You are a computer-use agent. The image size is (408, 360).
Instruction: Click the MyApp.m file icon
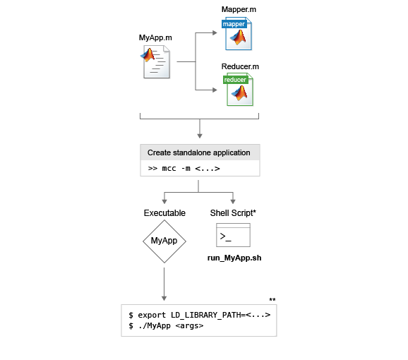[x=155, y=62]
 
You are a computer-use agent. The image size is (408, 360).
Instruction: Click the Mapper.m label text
[x=239, y=9]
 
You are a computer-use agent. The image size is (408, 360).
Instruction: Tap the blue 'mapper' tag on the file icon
[x=234, y=24]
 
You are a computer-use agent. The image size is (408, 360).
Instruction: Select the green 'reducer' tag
[x=235, y=80]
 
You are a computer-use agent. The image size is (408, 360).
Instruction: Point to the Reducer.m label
[x=240, y=66]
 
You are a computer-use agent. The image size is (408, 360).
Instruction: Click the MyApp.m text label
[x=155, y=37]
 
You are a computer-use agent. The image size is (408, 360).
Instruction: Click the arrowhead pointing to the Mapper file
[x=215, y=32]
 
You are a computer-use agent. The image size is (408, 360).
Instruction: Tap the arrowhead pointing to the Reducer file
[x=215, y=90]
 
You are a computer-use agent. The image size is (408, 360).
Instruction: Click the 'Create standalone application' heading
[x=199, y=152]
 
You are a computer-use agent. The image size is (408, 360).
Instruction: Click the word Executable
[x=164, y=213]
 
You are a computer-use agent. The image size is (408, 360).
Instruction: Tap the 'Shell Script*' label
[x=233, y=213]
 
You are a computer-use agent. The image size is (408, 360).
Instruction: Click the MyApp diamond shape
[x=164, y=241]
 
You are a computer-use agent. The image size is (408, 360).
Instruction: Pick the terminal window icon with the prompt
[x=233, y=235]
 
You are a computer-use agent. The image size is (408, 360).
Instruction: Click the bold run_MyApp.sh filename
[x=234, y=258]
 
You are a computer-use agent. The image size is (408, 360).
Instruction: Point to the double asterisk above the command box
[x=272, y=300]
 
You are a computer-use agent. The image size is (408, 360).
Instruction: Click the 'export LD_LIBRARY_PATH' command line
[x=200, y=315]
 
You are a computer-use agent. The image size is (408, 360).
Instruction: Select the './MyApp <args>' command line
[x=166, y=325]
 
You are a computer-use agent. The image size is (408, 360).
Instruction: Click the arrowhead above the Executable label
[x=164, y=201]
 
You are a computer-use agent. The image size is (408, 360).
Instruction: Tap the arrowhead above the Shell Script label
[x=233, y=201]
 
